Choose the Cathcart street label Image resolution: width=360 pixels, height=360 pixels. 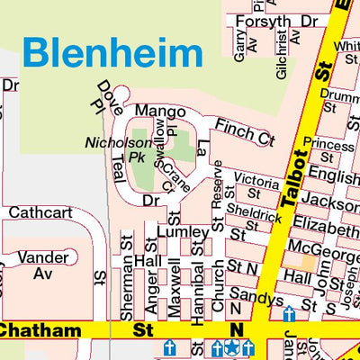pos(33,213)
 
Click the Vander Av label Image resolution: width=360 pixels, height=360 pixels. pos(37,263)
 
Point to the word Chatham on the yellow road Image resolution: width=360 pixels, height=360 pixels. pos(40,331)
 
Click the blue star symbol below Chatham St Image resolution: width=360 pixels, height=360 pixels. pos(232,347)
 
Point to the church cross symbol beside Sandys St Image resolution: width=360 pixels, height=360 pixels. pos(289,315)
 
